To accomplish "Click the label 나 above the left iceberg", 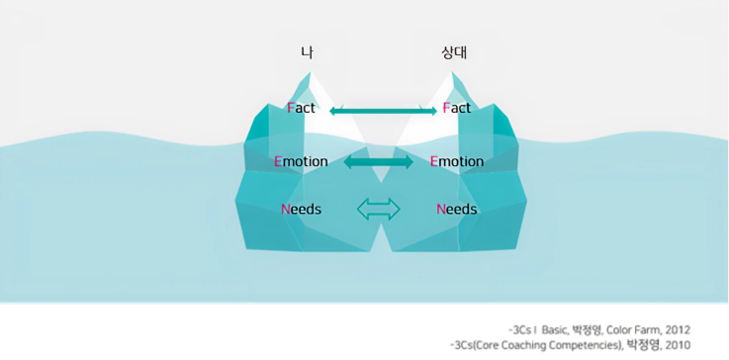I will click(x=308, y=51).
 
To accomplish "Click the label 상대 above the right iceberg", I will click(x=456, y=51).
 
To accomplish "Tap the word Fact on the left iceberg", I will click(x=301, y=108).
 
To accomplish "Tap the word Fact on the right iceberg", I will click(x=457, y=108).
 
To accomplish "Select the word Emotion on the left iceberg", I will click(x=301, y=161).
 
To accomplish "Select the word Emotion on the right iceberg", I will click(x=457, y=161).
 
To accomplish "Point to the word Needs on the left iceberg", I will click(x=301, y=210).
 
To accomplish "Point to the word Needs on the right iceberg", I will click(x=456, y=210).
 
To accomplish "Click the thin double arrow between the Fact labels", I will click(x=383, y=110).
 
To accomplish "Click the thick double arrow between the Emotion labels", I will click(x=379, y=161).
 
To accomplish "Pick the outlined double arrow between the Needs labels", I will click(x=378, y=209).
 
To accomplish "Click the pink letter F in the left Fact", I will click(x=290, y=108).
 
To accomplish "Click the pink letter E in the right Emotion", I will click(x=435, y=161).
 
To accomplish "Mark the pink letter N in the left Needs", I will click(x=286, y=210).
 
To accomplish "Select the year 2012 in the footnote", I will click(x=676, y=329).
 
